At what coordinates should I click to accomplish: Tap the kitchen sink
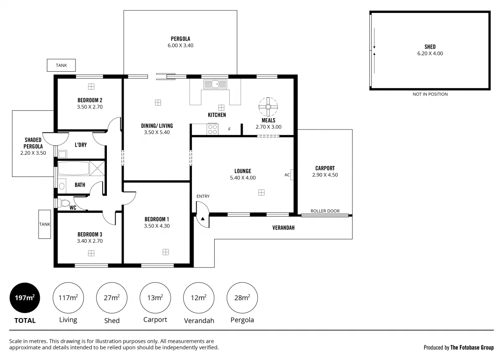(215, 84)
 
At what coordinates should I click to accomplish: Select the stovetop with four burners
(213, 129)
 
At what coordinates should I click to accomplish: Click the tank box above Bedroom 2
(61, 65)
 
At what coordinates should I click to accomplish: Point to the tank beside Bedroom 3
(45, 224)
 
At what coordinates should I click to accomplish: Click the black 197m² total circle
(25, 298)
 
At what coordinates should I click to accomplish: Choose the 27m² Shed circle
(111, 298)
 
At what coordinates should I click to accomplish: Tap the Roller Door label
(325, 211)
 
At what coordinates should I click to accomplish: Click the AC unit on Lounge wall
(291, 175)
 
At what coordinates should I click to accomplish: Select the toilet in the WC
(65, 203)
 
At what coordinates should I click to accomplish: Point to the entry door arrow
(203, 218)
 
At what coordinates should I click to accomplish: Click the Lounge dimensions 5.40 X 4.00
(243, 178)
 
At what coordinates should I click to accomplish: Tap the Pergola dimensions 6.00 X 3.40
(180, 46)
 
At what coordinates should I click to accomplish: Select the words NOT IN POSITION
(430, 94)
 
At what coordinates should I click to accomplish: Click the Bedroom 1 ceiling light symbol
(166, 252)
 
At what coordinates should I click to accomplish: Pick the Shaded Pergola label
(33, 143)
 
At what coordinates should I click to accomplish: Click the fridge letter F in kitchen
(229, 129)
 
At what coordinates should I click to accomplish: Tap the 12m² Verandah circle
(199, 298)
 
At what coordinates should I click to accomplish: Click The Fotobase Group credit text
(472, 347)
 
